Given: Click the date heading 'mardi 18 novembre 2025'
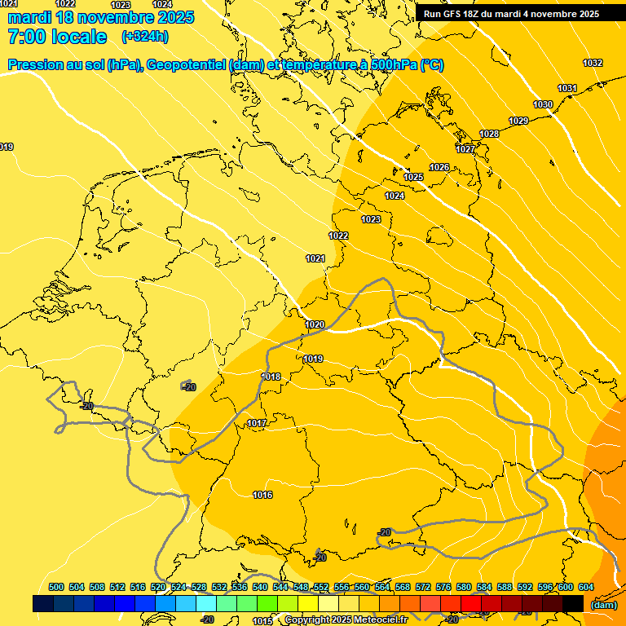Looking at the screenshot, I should coord(101,17).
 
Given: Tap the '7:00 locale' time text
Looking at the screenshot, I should coord(57,37).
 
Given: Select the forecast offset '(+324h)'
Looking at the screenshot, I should coord(145,37).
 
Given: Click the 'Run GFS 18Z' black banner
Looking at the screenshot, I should coord(511,14).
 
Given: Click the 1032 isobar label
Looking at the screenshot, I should coord(593,63).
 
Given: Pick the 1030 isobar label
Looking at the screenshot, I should coord(543,104).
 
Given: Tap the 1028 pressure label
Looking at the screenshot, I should coord(489,134).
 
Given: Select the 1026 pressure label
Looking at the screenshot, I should coord(439,167).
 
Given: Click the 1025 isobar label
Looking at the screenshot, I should coord(413,177).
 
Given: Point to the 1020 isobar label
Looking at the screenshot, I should coord(315,324).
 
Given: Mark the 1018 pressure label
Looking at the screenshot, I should coord(271,377).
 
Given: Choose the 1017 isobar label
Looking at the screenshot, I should coord(257,423).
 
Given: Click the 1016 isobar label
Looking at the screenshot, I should coord(262,495).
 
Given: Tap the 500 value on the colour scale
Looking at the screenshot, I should coord(56,587).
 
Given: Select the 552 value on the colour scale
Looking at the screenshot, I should coord(321,587).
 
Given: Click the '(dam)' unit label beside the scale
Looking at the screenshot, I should coord(603,605).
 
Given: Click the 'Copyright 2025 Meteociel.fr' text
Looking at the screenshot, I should coord(346,620).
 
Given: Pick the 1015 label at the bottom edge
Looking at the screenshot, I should coord(262,621).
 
